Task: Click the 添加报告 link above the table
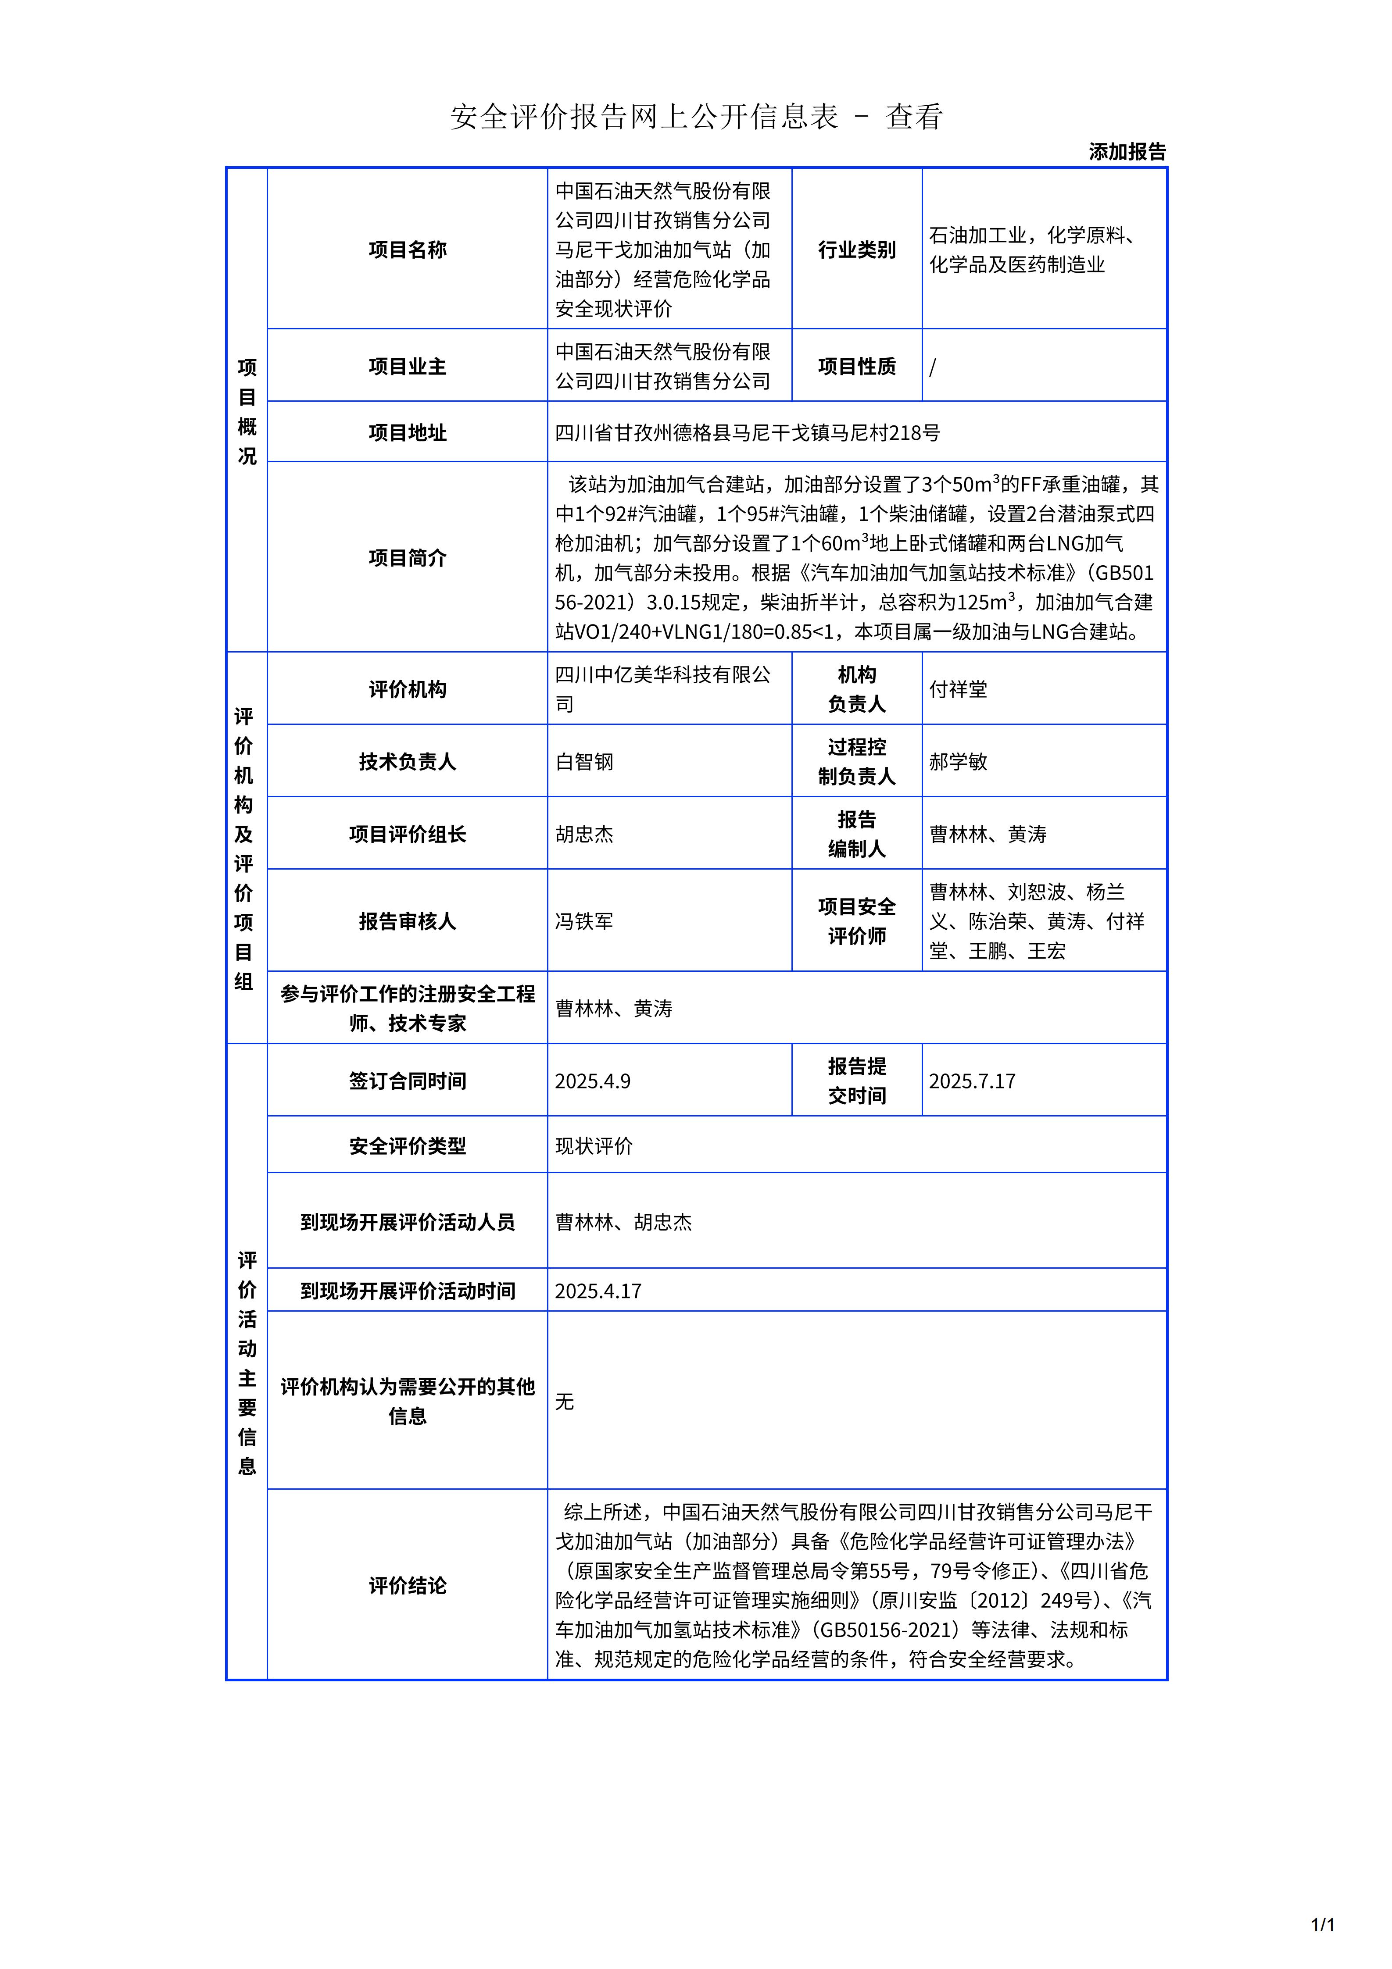tap(1127, 152)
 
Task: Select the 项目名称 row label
tap(408, 250)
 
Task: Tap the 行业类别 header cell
tap(856, 250)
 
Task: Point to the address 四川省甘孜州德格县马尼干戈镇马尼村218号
tap(747, 433)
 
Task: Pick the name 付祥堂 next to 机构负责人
tap(958, 689)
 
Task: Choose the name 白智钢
tap(584, 762)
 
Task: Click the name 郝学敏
tap(958, 762)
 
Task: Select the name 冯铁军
tap(584, 921)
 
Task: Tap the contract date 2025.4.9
tap(593, 1081)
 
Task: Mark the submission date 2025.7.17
tap(972, 1081)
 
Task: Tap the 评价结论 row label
tap(408, 1586)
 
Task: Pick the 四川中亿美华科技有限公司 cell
tap(662, 689)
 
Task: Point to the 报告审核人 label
tap(408, 921)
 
